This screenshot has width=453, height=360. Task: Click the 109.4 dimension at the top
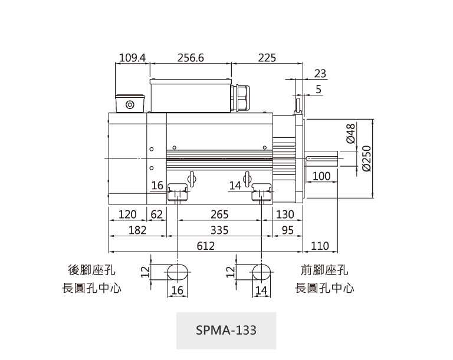[x=132, y=58]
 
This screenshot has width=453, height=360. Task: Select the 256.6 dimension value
[x=190, y=58]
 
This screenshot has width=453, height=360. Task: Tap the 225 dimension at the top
[x=267, y=58]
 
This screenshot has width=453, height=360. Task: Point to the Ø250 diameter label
[x=367, y=158]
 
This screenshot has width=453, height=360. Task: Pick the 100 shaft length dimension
[x=321, y=176]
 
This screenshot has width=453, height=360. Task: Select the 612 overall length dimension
[x=205, y=246]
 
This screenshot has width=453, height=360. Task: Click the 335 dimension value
[x=219, y=230]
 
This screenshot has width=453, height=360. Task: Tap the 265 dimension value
[x=219, y=214]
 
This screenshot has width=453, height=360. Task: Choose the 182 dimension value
[x=137, y=230]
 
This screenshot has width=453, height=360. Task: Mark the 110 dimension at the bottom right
[x=319, y=246]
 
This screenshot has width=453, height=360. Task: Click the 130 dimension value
[x=285, y=214]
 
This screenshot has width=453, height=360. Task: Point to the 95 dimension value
[x=287, y=230]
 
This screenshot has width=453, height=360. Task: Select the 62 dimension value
[x=156, y=214]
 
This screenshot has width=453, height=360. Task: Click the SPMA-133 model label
[x=226, y=330]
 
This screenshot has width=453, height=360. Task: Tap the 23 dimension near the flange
[x=320, y=74]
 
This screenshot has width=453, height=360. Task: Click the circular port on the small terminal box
[x=130, y=105]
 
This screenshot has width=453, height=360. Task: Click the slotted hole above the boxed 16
[x=178, y=272]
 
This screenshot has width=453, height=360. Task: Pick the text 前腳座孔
[x=324, y=270]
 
